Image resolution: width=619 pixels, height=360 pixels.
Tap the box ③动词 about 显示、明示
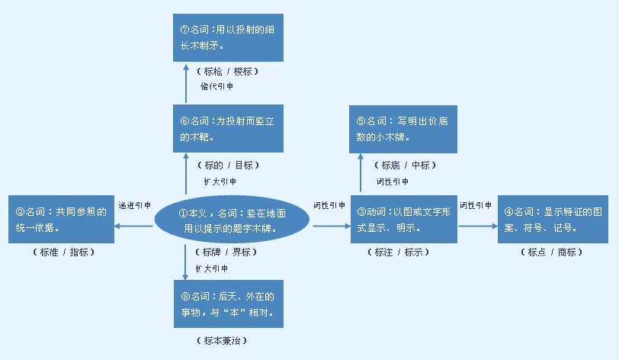coord(405,219)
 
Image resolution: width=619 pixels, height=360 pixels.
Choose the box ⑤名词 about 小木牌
coord(405,129)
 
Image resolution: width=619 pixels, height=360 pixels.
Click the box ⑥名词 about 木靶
coord(227,129)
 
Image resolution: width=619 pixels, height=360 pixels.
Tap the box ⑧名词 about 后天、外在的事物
coord(227,304)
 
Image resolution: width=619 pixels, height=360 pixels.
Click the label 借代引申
coord(217,86)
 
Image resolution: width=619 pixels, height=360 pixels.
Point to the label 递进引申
coord(134,206)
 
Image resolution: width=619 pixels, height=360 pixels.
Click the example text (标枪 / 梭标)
coord(227,71)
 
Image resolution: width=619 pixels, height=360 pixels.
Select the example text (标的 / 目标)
coord(227,165)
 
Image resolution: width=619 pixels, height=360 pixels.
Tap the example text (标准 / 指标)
coord(64,252)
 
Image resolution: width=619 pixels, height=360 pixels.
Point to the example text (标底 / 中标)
coord(404,165)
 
